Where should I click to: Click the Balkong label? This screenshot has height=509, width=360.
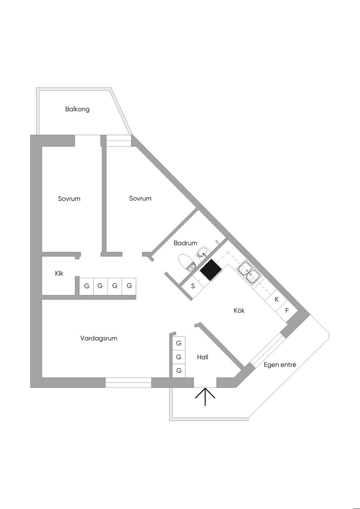coord(77,109)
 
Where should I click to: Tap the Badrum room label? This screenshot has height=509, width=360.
coord(185,243)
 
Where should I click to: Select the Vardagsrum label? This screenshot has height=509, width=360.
coord(99,338)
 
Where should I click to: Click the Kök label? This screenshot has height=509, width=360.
coord(239,311)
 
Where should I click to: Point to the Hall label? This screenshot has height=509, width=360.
coord(202,357)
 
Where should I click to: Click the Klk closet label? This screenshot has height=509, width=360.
coord(59,273)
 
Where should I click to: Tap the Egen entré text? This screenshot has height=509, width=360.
coord(280,365)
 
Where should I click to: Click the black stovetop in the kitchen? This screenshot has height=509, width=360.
coord(211,270)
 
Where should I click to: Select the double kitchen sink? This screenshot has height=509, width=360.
coord(249,273)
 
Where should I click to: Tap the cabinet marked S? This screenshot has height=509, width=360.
coord(193,286)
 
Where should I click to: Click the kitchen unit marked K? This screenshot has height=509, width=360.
coord(277,300)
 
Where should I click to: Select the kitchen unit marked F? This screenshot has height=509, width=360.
coord(287,311)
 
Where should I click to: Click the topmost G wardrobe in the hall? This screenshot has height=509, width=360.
coord(179,343)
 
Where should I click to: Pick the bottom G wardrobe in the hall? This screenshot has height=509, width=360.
coord(179,370)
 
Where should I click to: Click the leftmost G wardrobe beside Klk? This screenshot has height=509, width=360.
coord(86,286)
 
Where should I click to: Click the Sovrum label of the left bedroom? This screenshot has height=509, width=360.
coord(69,199)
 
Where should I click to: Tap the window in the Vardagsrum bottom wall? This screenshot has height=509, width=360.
coord(128,383)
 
